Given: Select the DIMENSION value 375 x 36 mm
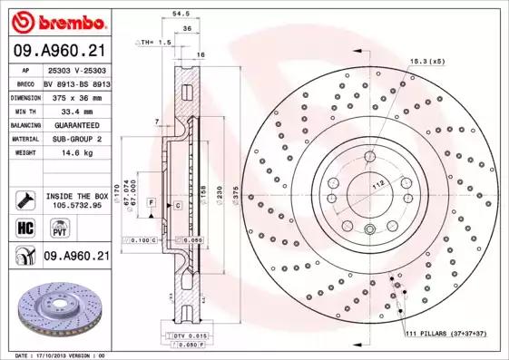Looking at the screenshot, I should point(76,95).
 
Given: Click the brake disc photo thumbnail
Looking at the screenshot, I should point(56,307).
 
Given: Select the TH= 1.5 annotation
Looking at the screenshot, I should point(153,43).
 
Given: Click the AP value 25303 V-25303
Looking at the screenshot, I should point(76,69).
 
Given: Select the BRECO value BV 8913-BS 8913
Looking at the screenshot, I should point(76,82).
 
